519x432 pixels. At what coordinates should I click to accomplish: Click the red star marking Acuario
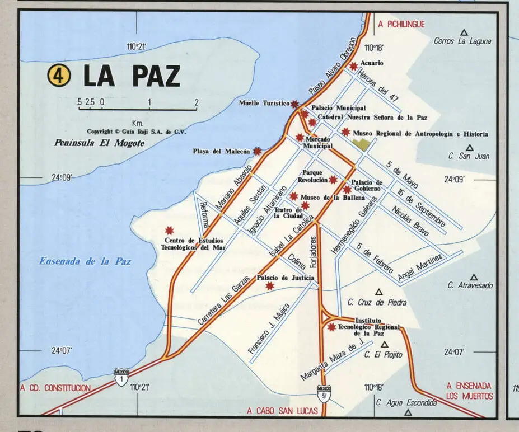click(353, 66)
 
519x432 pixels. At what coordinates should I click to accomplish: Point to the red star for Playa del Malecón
click(257, 151)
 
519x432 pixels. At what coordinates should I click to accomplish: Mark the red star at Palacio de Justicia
click(270, 286)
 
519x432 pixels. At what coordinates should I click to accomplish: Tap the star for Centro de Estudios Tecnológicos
click(169, 231)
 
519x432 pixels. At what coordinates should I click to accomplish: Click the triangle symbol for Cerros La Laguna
click(463, 32)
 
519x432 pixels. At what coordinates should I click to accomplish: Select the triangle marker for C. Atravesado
click(474, 277)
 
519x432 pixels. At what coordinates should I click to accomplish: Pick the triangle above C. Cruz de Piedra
click(378, 292)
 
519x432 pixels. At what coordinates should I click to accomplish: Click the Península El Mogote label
click(99, 143)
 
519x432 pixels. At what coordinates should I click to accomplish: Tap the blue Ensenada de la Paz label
click(85, 261)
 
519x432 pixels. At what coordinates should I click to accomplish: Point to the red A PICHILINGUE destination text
click(401, 24)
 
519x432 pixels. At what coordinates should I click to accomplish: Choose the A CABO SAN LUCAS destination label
click(282, 411)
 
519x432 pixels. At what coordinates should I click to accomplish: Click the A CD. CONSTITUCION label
click(55, 388)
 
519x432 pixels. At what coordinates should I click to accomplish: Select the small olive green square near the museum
click(362, 144)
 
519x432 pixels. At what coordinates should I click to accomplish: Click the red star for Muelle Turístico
click(294, 104)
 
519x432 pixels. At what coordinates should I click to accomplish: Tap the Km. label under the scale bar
click(138, 123)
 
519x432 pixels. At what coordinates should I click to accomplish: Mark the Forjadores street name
click(314, 253)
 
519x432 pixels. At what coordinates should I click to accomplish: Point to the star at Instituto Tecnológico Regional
click(331, 327)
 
